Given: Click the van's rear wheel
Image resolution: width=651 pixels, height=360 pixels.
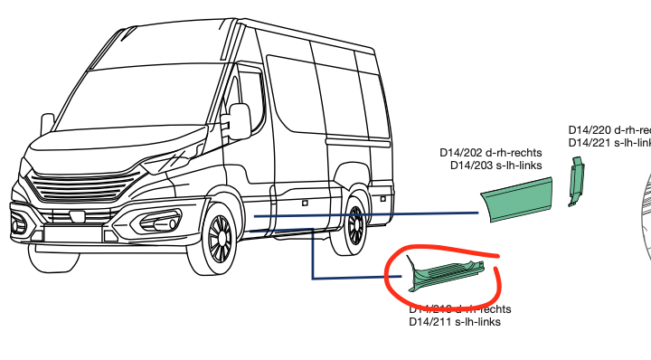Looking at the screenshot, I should pyautogui.click(x=356, y=223).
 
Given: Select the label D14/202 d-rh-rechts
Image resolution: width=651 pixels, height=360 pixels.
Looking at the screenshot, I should pyautogui.click(x=490, y=153).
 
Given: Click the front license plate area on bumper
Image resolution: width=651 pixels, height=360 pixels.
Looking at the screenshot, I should pyautogui.click(x=72, y=233).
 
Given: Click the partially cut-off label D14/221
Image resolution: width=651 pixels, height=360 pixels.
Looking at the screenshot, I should pyautogui.click(x=609, y=143).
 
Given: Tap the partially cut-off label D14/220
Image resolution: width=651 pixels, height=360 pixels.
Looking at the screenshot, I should pyautogui.click(x=609, y=130).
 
